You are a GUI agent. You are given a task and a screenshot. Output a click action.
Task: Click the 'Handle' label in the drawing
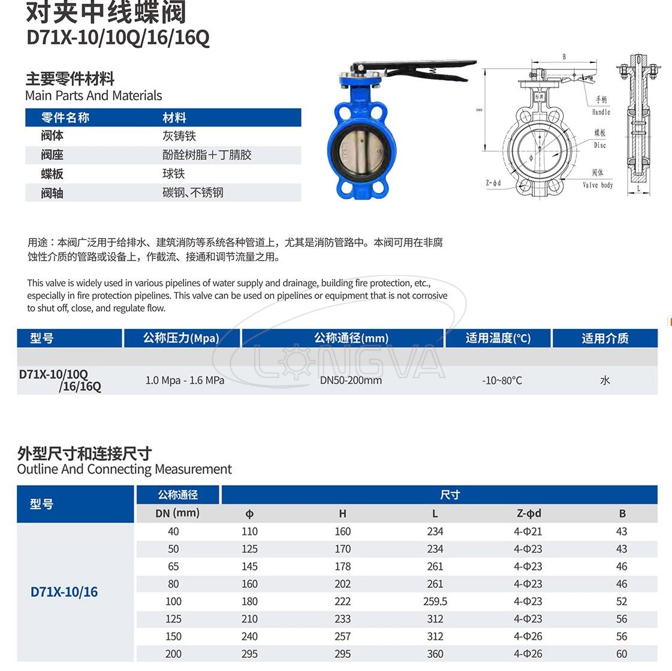tap(601, 112)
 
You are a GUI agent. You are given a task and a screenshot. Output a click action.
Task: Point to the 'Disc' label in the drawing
tap(599, 145)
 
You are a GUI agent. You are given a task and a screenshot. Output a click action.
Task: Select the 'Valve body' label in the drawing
tap(598, 185)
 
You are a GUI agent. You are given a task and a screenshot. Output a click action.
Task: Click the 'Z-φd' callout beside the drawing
tap(493, 183)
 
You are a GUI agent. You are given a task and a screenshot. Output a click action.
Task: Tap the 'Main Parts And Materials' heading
tap(94, 96)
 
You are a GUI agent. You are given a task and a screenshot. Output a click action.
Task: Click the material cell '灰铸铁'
tap(179, 136)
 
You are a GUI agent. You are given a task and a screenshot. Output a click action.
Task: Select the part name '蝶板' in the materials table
tap(52, 174)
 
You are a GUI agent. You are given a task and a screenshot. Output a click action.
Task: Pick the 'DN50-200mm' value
tap(351, 380)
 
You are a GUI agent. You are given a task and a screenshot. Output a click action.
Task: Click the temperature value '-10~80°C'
tap(502, 380)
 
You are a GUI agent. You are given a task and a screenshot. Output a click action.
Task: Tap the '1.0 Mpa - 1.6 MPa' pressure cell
tap(185, 380)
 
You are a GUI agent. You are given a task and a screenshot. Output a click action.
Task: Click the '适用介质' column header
tap(604, 338)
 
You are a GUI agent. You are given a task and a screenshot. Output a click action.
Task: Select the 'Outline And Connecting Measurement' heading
tap(124, 469)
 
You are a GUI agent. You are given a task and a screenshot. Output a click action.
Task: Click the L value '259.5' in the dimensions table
tap(435, 601)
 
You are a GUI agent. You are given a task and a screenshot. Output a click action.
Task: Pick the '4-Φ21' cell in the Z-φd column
tap(528, 531)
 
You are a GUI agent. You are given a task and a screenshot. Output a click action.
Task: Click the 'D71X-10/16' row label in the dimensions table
tap(64, 592)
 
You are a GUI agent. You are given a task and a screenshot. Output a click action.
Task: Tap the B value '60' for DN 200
tap(622, 654)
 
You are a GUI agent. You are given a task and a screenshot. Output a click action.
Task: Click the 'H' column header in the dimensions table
tap(342, 513)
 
